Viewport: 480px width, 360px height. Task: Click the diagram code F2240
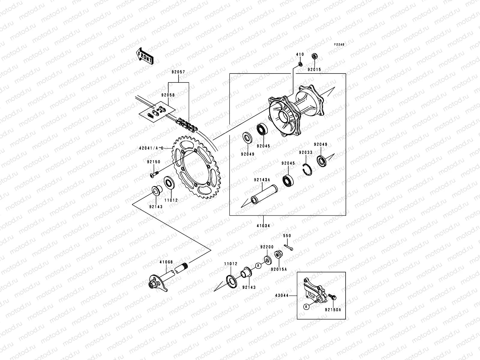click(x=340, y=44)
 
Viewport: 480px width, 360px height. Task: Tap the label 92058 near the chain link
click(x=168, y=95)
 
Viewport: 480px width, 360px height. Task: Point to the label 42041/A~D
click(x=151, y=148)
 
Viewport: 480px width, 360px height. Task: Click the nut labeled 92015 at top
click(x=315, y=56)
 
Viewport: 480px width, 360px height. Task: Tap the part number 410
click(x=300, y=55)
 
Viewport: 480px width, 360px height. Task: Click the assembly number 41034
click(x=263, y=226)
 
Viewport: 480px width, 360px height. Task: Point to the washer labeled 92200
click(x=266, y=260)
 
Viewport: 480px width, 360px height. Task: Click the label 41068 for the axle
click(x=166, y=262)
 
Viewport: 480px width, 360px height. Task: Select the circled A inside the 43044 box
click(x=306, y=307)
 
